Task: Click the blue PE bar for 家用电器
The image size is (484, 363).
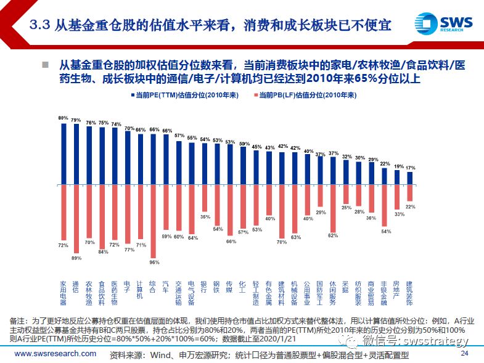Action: [64, 153]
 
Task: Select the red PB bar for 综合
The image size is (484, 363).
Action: [154, 220]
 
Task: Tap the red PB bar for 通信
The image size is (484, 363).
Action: [76, 218]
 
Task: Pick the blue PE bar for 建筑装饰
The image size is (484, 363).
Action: [409, 177]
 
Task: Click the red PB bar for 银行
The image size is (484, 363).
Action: [205, 197]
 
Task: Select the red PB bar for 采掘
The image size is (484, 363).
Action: [345, 193]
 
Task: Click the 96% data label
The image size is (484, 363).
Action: [154, 262]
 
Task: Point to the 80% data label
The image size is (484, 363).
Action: [63, 118]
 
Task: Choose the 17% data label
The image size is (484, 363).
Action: [409, 168]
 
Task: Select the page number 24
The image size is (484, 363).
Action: [465, 353]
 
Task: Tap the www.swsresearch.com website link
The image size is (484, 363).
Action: [55, 354]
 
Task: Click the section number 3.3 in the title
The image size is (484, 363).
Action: [40, 25]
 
